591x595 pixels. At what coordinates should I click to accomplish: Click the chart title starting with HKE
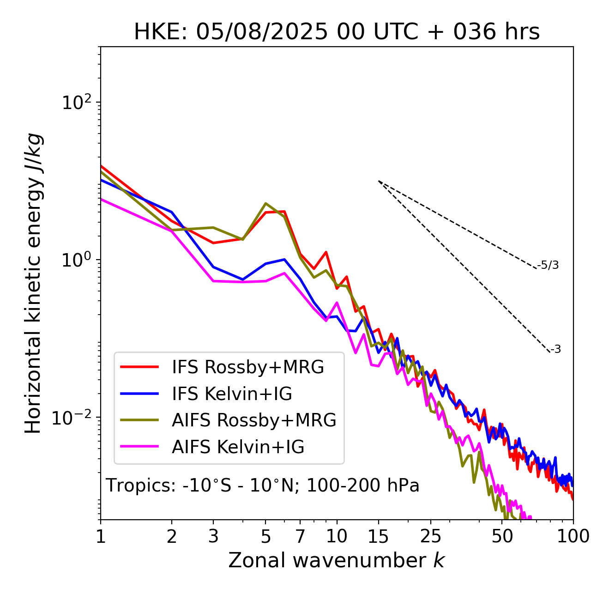pyautogui.click(x=337, y=32)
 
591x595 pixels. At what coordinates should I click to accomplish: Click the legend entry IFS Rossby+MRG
pyautogui.click(x=247, y=367)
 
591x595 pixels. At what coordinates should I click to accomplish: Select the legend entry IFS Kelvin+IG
pyautogui.click(x=232, y=394)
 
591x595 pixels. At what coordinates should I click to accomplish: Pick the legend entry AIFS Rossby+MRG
pyautogui.click(x=254, y=420)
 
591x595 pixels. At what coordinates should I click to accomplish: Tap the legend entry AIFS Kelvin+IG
pyautogui.click(x=238, y=447)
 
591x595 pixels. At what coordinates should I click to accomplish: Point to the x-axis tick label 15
pyautogui.click(x=378, y=536)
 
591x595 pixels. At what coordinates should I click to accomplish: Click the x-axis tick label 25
pyautogui.click(x=430, y=536)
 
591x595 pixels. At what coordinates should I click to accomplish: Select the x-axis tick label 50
pyautogui.click(x=502, y=536)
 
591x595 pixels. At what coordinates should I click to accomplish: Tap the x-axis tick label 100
pyautogui.click(x=573, y=536)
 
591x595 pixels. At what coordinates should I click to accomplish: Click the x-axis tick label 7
pyautogui.click(x=300, y=536)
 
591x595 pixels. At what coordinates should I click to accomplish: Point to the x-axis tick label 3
pyautogui.click(x=213, y=536)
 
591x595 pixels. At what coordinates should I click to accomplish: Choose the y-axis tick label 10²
pyautogui.click(x=76, y=103)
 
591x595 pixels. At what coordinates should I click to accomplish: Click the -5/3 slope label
pyautogui.click(x=548, y=265)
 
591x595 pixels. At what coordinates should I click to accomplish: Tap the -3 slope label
pyautogui.click(x=555, y=349)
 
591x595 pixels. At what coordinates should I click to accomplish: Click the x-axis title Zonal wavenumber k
pyautogui.click(x=337, y=560)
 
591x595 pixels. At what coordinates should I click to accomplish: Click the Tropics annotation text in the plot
pyautogui.click(x=262, y=486)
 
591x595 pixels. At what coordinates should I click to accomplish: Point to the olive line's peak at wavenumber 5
pyautogui.click(x=265, y=203)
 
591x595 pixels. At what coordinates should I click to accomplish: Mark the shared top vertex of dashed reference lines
pyautogui.click(x=379, y=181)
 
